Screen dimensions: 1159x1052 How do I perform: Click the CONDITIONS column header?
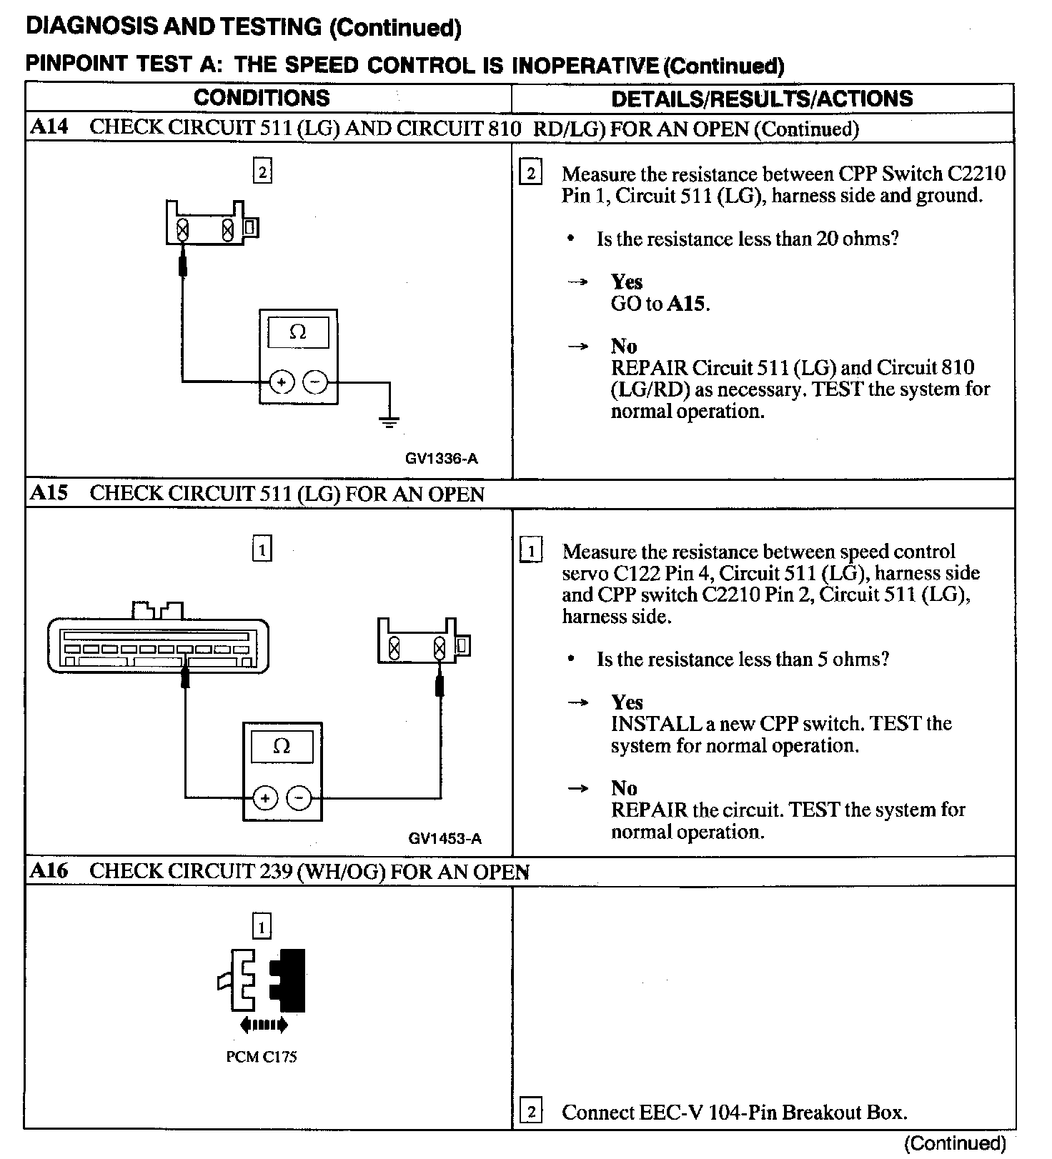tap(262, 98)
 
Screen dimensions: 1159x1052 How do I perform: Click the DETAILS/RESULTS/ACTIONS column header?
tap(762, 99)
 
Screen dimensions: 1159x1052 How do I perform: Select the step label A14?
tap(49, 127)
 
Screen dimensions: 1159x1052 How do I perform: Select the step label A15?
tap(49, 493)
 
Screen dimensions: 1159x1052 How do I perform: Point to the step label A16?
tap(49, 870)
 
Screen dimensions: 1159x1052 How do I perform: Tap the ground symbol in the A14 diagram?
tap(389, 422)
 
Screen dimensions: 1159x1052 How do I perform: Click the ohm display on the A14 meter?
tap(298, 333)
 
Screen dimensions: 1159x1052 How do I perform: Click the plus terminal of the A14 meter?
tap(282, 383)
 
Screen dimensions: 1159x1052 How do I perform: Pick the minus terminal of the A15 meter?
tap(299, 797)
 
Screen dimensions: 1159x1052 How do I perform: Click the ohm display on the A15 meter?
tap(282, 747)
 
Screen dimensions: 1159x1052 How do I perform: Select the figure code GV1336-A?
tap(441, 459)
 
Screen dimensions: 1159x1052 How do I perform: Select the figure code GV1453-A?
tap(445, 838)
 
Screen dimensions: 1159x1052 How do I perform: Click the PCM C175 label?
tap(262, 1056)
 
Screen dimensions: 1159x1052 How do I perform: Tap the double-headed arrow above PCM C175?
tap(264, 1025)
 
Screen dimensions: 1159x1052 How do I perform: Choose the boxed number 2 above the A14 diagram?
tap(262, 171)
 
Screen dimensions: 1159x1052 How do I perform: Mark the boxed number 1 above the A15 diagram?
tap(262, 549)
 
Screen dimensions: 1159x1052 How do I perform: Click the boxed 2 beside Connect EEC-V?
tap(530, 1111)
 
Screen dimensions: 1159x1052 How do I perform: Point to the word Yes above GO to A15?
tap(627, 282)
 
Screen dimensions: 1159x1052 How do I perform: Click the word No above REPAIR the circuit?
tap(624, 788)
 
